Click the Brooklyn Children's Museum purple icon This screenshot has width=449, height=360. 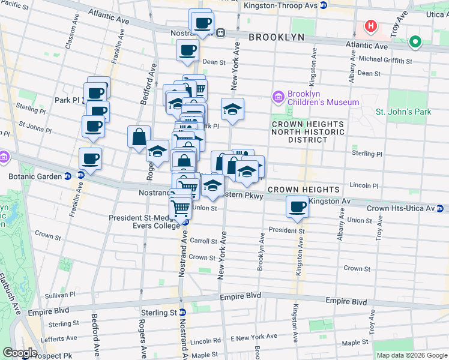click(x=277, y=97)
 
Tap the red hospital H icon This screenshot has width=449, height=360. click(x=371, y=26)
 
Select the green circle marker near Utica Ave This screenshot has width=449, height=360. click(x=415, y=43)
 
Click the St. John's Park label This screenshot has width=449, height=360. click(x=403, y=112)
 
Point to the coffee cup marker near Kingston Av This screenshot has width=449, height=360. click(x=297, y=207)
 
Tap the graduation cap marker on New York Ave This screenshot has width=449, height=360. click(x=232, y=109)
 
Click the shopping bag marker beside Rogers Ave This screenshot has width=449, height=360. click(x=139, y=136)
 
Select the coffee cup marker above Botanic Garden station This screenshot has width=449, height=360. click(x=91, y=159)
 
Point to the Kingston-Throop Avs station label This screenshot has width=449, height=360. click(x=280, y=5)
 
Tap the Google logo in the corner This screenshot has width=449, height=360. click(x=20, y=353)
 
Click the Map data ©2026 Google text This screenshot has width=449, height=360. click(x=412, y=355)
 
